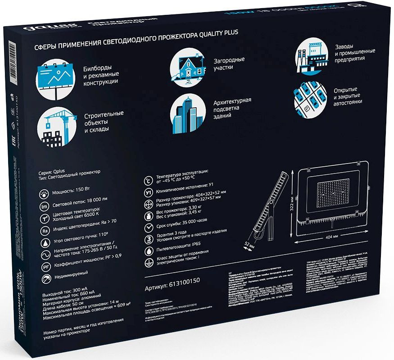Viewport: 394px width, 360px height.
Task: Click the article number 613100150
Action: [x=172, y=287]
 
